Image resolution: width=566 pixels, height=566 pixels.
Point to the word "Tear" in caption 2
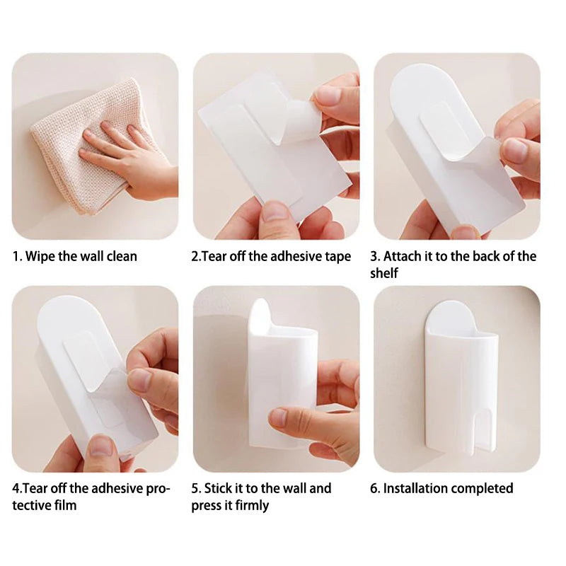tap(215, 256)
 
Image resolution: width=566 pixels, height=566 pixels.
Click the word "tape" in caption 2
tap(336, 256)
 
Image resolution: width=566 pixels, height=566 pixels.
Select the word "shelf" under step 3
tap(383, 273)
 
